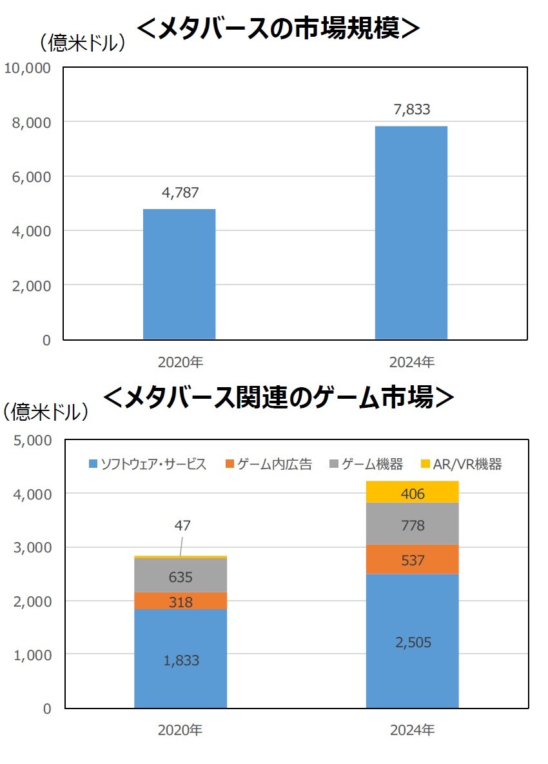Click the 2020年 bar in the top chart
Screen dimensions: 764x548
[179, 274]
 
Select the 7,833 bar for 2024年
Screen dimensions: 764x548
[411, 232]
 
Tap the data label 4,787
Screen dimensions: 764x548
[179, 192]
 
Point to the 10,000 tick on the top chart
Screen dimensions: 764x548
[28, 68]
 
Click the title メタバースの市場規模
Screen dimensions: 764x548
[279, 28]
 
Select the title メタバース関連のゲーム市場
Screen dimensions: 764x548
[279, 397]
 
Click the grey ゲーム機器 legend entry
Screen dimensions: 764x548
[366, 464]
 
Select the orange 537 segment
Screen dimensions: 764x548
[413, 559]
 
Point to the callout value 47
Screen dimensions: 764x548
[182, 526]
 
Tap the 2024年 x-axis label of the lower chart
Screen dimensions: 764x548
[412, 730]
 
